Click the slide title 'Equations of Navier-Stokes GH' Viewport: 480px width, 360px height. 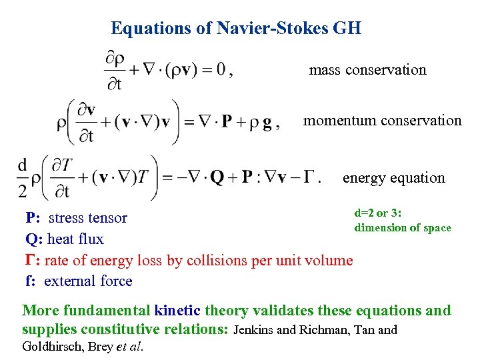click(236, 28)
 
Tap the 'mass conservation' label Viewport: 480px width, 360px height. click(367, 70)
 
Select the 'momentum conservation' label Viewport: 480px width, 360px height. click(382, 121)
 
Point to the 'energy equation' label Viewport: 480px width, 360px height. click(393, 178)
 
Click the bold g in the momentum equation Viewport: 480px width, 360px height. click(267, 122)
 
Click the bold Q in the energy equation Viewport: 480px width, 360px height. click(217, 178)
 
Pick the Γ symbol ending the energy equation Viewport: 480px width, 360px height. click(307, 178)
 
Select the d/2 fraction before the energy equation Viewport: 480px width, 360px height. click(23, 177)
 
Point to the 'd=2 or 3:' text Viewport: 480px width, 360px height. click(382, 213)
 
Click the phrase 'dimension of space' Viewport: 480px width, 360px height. click(403, 228)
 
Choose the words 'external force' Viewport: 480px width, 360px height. click(88, 281)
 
